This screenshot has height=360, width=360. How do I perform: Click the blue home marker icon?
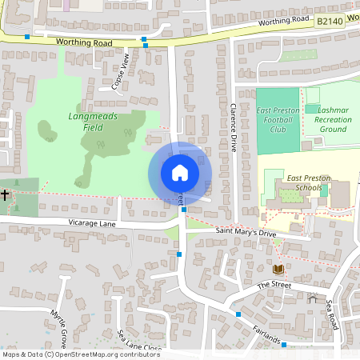[x=180, y=172]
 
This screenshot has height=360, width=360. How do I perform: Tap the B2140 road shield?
[x=330, y=23]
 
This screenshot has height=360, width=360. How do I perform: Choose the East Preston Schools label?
[x=304, y=182]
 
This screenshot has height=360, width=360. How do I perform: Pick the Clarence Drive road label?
[x=234, y=128]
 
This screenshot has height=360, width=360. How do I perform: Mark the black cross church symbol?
[x=5, y=195]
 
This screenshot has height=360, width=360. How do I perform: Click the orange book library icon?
[x=278, y=269]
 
